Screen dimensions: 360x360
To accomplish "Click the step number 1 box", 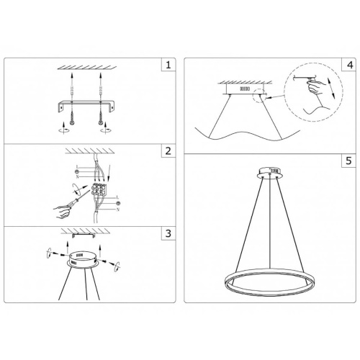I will [x=168, y=65].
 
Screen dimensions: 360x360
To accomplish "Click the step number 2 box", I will [x=168, y=152].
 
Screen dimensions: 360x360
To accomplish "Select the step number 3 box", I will [x=168, y=235].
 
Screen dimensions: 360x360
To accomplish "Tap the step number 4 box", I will [x=349, y=65].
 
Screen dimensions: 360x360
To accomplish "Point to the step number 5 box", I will [x=349, y=162].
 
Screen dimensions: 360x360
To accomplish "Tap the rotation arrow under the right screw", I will [x=107, y=132].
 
